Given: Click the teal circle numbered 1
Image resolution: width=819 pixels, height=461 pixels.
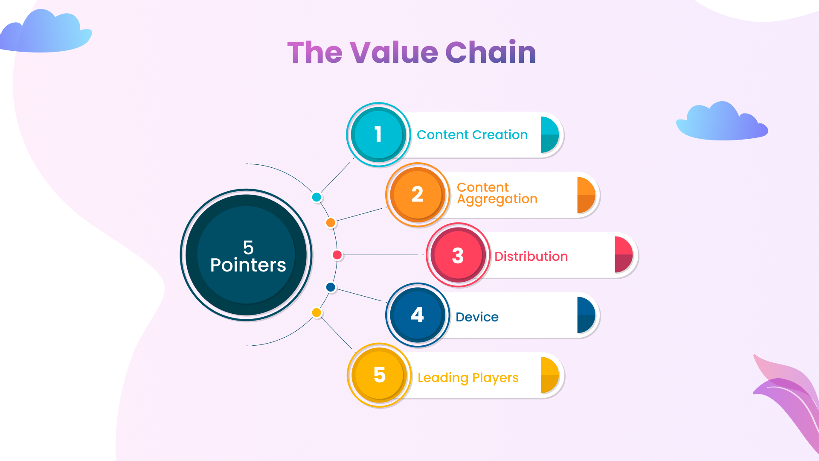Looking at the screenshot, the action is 378,134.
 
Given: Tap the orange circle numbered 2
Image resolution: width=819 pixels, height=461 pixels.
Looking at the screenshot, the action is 418,195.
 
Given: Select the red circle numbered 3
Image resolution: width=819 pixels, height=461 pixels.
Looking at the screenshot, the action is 458,255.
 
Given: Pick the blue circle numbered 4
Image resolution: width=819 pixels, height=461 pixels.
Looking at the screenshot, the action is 418,315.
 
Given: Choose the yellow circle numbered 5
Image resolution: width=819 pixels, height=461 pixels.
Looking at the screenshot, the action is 379,375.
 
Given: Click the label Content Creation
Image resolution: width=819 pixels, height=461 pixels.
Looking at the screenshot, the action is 472,135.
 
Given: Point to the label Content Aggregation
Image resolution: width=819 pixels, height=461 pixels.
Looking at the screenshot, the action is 497,193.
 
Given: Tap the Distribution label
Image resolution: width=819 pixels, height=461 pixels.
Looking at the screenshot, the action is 531,256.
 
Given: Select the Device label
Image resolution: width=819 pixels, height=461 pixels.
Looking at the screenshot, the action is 477,317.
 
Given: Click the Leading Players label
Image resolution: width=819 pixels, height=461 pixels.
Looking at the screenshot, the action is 468,378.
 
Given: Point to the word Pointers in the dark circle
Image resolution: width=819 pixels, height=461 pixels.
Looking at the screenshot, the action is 248,265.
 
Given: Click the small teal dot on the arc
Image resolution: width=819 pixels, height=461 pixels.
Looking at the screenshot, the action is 317,197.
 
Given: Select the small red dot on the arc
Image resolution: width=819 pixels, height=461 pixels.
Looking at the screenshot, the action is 337,255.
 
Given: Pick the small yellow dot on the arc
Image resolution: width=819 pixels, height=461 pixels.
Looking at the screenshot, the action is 317,312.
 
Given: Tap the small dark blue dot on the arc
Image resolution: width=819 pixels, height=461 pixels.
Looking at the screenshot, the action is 331,287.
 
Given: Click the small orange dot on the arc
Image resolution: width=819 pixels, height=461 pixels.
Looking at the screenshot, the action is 331,222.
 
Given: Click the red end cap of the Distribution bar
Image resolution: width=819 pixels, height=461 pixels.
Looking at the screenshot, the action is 624,255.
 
